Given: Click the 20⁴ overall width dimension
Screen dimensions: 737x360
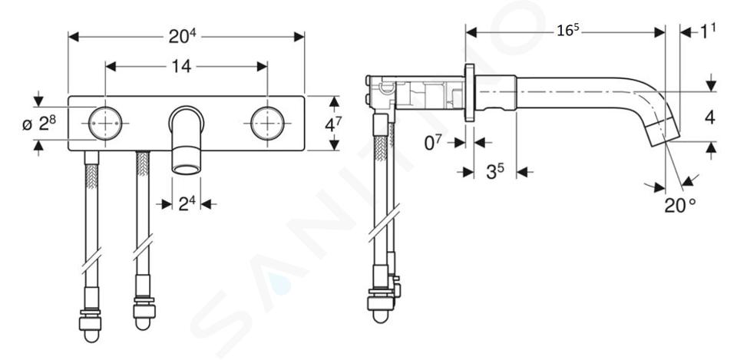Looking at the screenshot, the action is click(x=182, y=37).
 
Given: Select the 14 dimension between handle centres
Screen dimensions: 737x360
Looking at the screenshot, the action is click(x=181, y=66).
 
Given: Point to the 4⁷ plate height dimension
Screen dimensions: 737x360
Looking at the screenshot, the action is click(x=333, y=124).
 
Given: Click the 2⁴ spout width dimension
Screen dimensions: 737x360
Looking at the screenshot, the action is click(x=187, y=204).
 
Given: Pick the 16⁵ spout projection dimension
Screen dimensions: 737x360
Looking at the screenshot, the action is click(x=568, y=31).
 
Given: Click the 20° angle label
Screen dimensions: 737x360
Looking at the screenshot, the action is click(x=680, y=205).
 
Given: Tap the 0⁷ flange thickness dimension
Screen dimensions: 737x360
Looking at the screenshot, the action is click(x=432, y=143).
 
